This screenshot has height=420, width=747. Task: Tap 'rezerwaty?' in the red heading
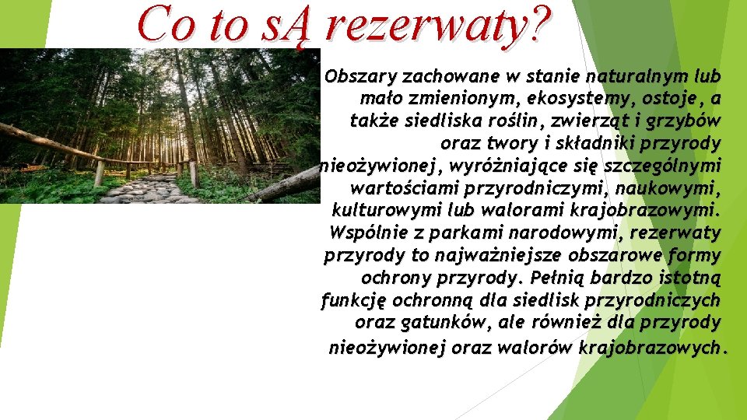coord(436,25)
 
